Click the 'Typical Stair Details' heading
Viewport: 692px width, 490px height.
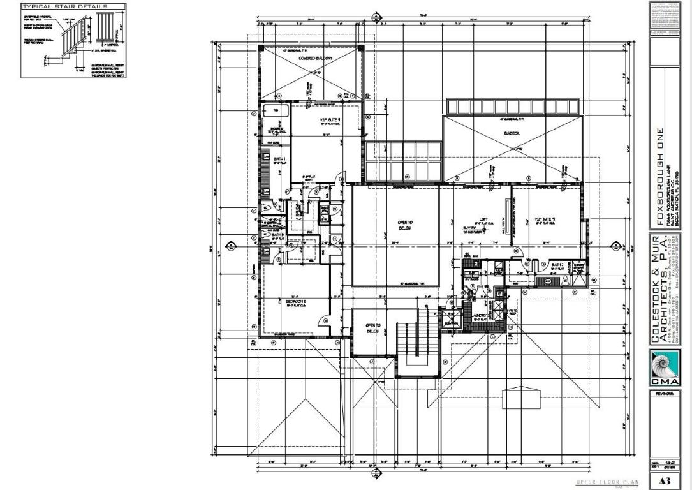click(61, 6)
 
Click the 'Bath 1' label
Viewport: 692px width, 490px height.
click(279, 159)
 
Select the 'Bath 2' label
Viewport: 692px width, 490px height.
click(557, 264)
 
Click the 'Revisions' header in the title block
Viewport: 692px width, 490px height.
click(664, 394)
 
